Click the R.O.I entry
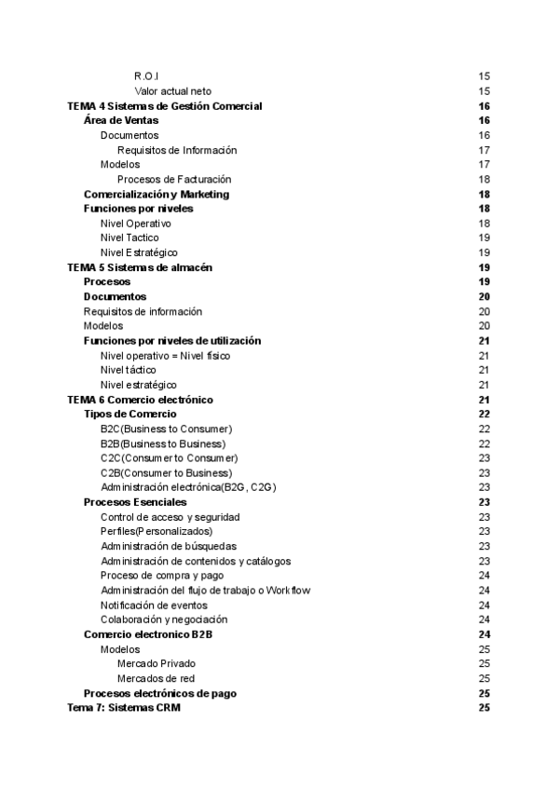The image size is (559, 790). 147,76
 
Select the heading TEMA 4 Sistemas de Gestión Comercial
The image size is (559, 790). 165,106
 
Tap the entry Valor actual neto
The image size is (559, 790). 172,91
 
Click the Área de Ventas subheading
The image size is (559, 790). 121,120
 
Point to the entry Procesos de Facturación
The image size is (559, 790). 174,179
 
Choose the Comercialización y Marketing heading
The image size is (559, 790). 157,194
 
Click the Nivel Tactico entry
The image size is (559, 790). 130,238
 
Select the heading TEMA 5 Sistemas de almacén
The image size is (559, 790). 140,267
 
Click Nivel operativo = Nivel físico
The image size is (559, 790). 165,355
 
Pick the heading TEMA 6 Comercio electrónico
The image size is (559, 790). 141,399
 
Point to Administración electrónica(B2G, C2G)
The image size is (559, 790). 188,487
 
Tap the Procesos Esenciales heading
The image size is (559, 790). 135,502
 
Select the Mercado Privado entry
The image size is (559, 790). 157,663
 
